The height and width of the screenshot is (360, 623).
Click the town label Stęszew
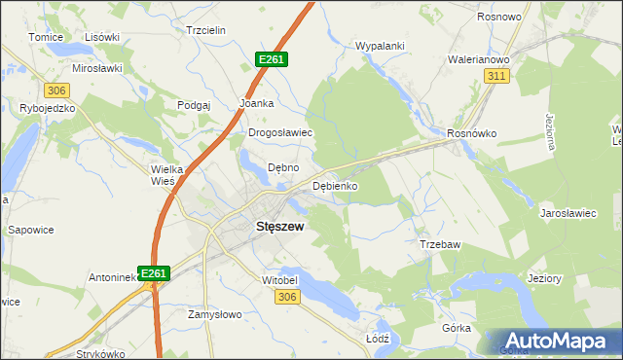coord(279,227)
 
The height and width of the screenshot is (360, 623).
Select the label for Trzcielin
coord(205,30)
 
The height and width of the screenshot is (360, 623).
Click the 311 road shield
coord(497,76)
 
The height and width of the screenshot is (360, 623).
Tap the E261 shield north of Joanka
coord(272,59)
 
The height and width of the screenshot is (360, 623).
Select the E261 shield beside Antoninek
coord(154,274)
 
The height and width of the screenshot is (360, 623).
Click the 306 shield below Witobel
coord(285,297)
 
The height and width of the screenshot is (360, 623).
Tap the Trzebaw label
coord(439,244)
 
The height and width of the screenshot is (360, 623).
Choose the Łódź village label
coord(377,339)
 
